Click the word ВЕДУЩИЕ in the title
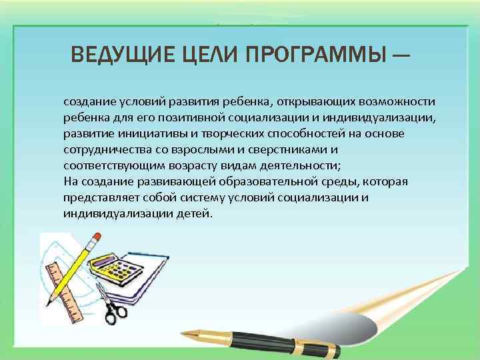click(x=123, y=54)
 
